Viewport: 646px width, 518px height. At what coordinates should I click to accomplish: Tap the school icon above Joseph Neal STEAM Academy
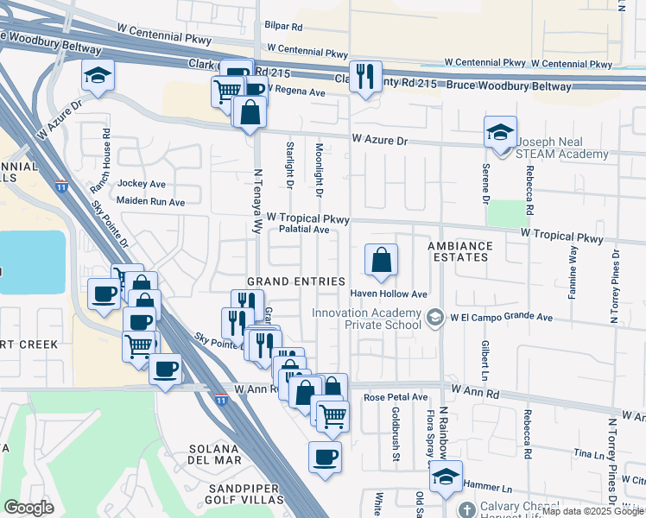point(500,132)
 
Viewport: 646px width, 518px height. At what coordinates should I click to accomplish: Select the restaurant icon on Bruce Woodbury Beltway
point(365,76)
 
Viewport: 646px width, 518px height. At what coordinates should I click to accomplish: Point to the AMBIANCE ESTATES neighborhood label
point(460,252)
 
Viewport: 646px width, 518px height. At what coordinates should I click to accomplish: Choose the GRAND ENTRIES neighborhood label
point(296,282)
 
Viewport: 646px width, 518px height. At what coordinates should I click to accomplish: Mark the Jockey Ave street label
point(141,184)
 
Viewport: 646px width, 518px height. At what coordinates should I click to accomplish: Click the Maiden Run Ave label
point(151,202)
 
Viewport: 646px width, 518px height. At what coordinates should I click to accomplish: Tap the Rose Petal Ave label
point(396,397)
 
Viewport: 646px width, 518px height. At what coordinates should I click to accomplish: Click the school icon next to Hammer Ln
point(446,477)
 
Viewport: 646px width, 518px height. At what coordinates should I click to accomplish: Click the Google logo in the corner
point(28,508)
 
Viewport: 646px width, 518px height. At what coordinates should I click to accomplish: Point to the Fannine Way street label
point(573,272)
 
